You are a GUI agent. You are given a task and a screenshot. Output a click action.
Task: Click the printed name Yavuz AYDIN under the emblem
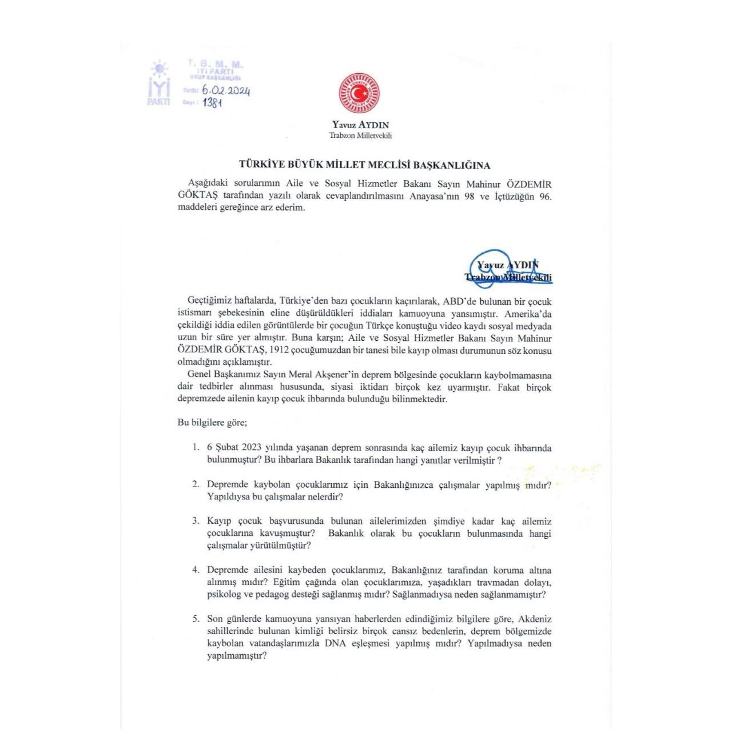click(x=361, y=125)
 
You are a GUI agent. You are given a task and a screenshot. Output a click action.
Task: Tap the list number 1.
click(x=196, y=448)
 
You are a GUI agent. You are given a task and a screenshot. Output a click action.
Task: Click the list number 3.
click(x=196, y=521)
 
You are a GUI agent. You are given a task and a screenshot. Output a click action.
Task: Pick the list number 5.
click(x=196, y=619)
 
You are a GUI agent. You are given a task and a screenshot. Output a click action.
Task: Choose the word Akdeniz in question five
click(x=534, y=619)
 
